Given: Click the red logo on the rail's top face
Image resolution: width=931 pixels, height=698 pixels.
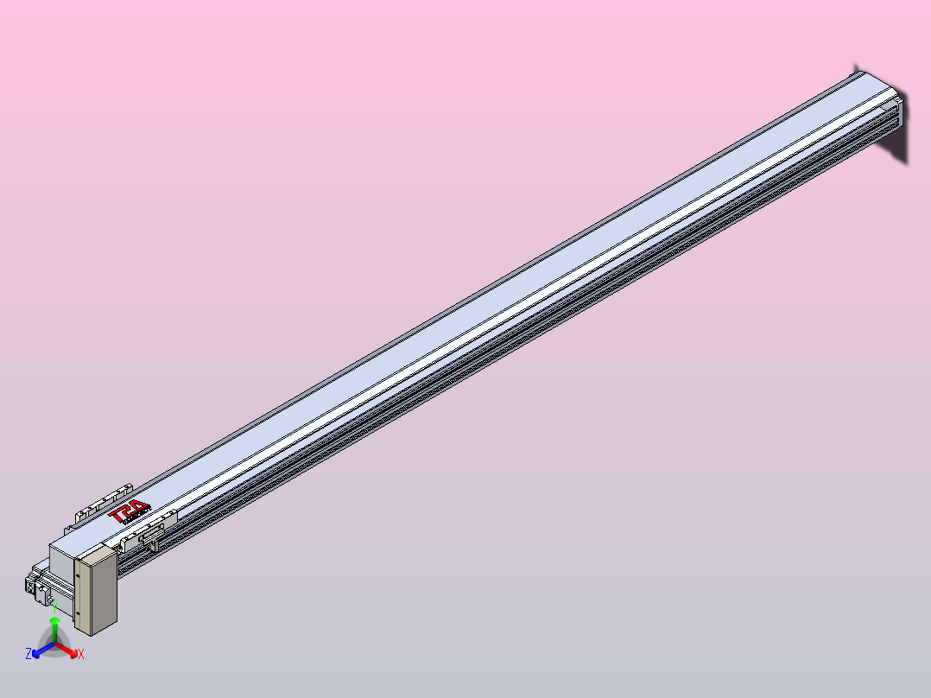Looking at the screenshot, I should (130, 513).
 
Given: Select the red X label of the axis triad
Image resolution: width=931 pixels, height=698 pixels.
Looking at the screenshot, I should (81, 655).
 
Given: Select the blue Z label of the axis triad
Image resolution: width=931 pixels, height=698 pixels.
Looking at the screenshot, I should (28, 654).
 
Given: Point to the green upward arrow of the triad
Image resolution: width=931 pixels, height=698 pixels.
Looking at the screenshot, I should (54, 624).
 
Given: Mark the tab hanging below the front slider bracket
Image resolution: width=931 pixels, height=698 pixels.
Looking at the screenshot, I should (154, 546).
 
